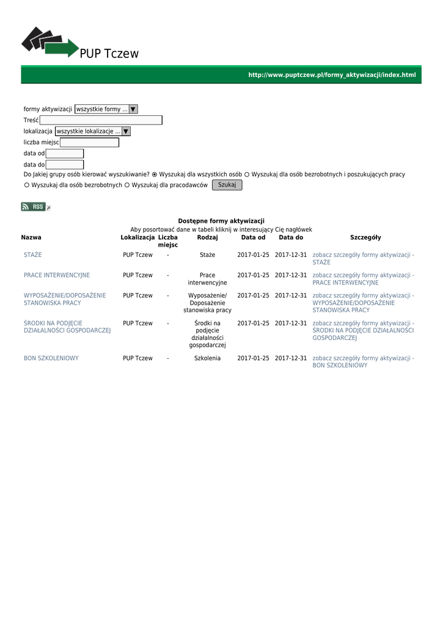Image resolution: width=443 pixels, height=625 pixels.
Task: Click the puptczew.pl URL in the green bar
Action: (331, 75)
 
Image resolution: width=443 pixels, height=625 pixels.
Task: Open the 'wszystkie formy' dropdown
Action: (106, 109)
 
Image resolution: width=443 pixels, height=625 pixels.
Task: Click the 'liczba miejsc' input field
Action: (89, 142)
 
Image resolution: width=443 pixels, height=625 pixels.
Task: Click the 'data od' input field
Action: (65, 153)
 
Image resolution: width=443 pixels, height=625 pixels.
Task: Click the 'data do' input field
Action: (65, 164)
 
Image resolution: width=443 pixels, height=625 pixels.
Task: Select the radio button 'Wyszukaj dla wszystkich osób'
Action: (155, 175)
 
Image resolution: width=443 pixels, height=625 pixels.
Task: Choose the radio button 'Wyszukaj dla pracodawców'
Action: (127, 186)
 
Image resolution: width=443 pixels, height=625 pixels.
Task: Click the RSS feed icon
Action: (34, 207)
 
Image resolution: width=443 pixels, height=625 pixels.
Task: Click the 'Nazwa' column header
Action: (31, 237)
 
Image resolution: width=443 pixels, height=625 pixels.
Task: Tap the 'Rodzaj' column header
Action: (207, 237)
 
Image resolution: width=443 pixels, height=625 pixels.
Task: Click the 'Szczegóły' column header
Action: (365, 237)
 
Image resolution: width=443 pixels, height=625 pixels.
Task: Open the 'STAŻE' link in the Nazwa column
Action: (33, 255)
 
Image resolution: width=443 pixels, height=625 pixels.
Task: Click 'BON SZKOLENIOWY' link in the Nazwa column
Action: (51, 358)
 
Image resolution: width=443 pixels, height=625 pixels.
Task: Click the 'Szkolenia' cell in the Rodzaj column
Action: (207, 358)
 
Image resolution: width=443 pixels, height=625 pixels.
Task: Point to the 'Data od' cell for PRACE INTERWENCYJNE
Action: (253, 275)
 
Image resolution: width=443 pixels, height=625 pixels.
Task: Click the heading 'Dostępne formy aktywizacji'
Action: (221, 221)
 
